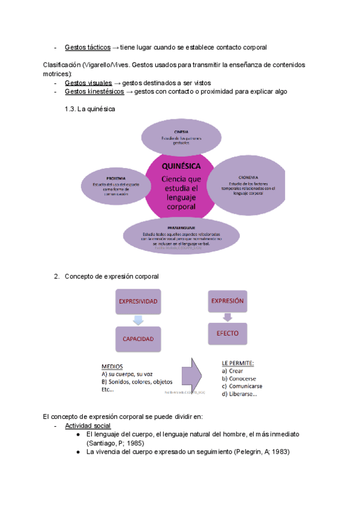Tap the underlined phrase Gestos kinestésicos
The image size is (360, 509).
(94, 92)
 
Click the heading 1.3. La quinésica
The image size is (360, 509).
(89, 109)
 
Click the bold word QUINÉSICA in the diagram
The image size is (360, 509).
(181, 166)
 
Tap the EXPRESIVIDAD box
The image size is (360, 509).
(138, 301)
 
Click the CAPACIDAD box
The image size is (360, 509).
(138, 339)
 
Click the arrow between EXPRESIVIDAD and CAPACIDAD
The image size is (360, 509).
(138, 320)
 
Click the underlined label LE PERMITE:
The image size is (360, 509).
(238, 363)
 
